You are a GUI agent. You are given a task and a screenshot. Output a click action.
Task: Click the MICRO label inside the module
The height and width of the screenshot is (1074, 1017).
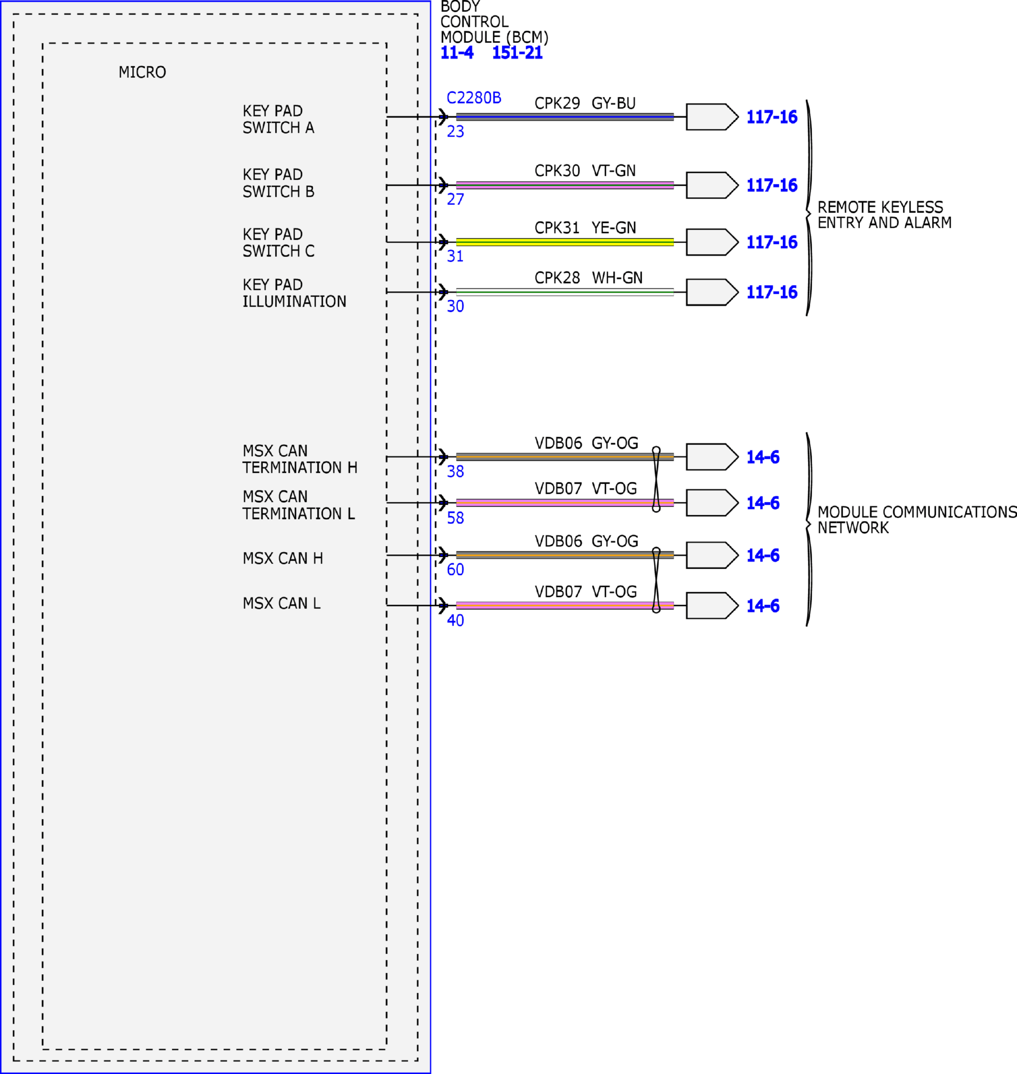pyautogui.click(x=142, y=72)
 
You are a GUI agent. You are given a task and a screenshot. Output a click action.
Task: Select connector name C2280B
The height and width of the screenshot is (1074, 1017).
pyautogui.click(x=474, y=97)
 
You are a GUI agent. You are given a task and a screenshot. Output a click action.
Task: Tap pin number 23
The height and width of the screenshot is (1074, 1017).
pyautogui.click(x=456, y=131)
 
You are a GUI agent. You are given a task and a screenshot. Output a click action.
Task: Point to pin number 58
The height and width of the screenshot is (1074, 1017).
pyautogui.click(x=456, y=518)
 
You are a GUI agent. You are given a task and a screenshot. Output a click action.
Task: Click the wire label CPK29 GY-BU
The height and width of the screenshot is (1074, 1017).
pyautogui.click(x=585, y=103)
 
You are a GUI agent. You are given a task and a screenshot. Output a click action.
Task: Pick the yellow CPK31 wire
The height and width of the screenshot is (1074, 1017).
pyautogui.click(x=565, y=242)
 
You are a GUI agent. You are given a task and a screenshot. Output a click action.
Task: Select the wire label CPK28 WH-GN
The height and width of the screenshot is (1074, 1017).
pyautogui.click(x=588, y=277)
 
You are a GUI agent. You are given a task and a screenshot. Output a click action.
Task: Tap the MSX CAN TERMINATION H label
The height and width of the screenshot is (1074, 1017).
pyautogui.click(x=300, y=459)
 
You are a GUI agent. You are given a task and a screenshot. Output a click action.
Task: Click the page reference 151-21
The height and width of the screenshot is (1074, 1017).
pyautogui.click(x=517, y=53)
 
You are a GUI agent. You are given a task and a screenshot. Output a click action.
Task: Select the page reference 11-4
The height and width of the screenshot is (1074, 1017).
pyautogui.click(x=457, y=53)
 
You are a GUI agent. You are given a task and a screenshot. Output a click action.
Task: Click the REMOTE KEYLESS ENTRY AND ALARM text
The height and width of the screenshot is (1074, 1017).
pyautogui.click(x=884, y=215)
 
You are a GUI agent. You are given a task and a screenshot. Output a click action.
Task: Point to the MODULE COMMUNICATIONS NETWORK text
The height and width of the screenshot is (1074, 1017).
pyautogui.click(x=917, y=520)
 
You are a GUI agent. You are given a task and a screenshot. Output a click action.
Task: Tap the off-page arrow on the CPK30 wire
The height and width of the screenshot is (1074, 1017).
pyautogui.click(x=712, y=185)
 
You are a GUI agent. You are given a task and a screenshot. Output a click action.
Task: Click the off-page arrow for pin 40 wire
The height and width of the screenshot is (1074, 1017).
pyautogui.click(x=712, y=606)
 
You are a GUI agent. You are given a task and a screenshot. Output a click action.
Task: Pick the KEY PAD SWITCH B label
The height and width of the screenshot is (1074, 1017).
pyautogui.click(x=278, y=183)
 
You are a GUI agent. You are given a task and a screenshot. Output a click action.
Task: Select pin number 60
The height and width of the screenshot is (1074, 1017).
pyautogui.click(x=456, y=569)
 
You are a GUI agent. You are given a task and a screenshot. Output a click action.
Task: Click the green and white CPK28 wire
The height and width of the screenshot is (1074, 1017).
pyautogui.click(x=565, y=292)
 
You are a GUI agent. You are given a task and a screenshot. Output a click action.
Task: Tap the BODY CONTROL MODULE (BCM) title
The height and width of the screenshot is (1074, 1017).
pyautogui.click(x=494, y=22)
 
